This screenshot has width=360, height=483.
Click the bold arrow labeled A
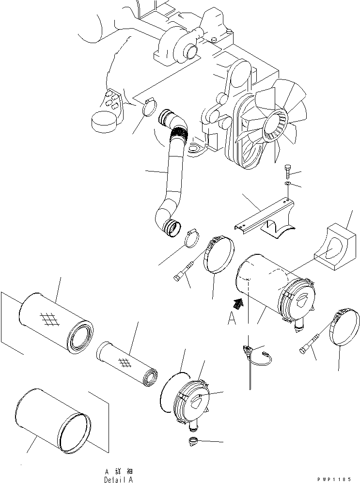(238, 304)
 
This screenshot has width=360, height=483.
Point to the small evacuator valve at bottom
(194, 441)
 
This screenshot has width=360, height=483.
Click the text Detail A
(118, 479)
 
